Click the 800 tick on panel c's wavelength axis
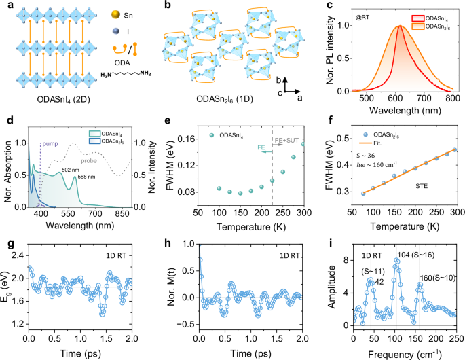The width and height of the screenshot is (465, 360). coord(449,97)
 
